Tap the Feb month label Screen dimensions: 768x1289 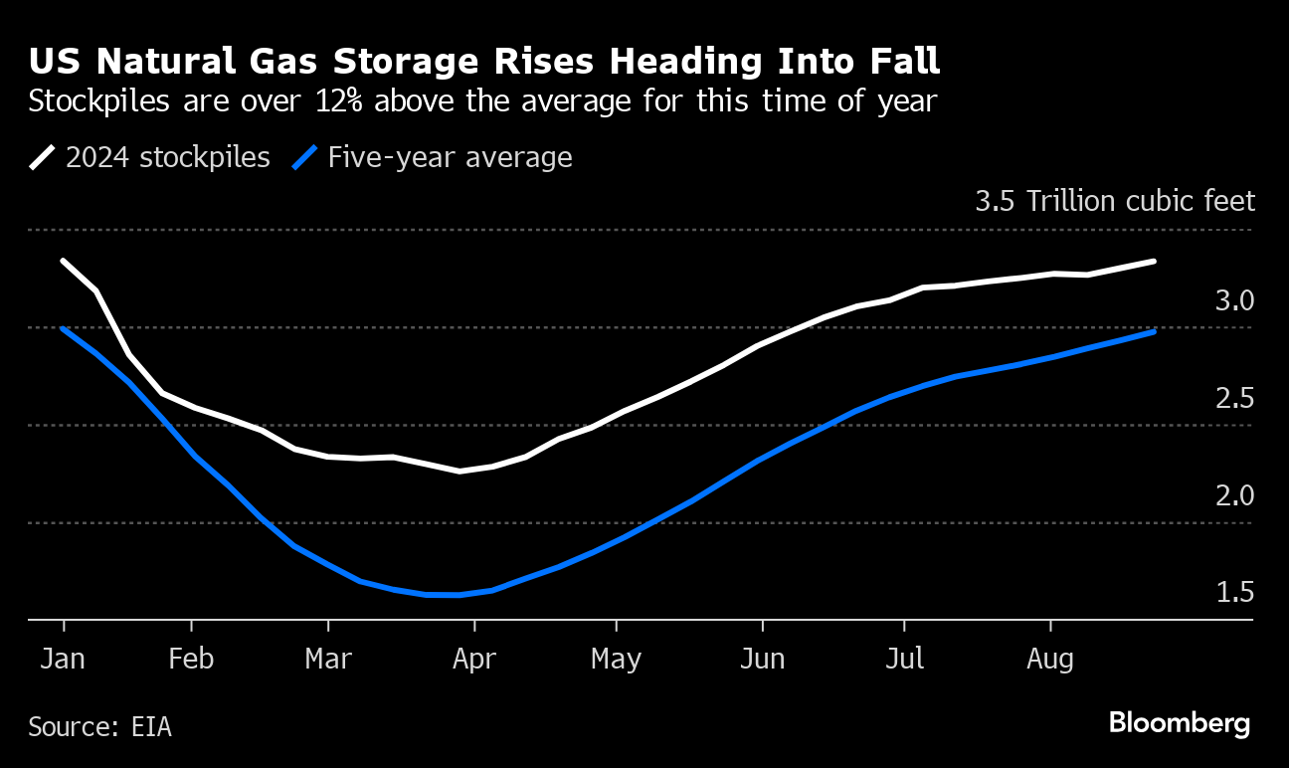[x=191, y=659]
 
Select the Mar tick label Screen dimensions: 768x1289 [x=328, y=659]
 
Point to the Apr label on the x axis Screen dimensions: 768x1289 [x=474, y=659]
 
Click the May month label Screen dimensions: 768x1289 [x=617, y=659]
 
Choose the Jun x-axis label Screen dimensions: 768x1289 [x=762, y=659]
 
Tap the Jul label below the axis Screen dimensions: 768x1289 [x=904, y=659]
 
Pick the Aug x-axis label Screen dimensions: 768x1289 [x=1051, y=659]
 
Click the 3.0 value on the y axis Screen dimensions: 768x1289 [x=1234, y=300]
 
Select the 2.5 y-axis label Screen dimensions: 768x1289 [x=1234, y=398]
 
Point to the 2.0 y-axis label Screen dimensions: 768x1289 [x=1234, y=495]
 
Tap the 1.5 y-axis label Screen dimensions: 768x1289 [x=1234, y=593]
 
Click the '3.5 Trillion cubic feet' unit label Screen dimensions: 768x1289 [x=1115, y=202]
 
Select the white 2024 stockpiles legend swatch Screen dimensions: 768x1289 [x=43, y=158]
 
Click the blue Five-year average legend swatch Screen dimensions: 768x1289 [x=305, y=158]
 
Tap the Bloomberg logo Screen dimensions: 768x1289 [x=1180, y=723]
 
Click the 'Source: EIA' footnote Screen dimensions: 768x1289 [x=99, y=727]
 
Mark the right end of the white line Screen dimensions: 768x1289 [x=1154, y=262]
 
